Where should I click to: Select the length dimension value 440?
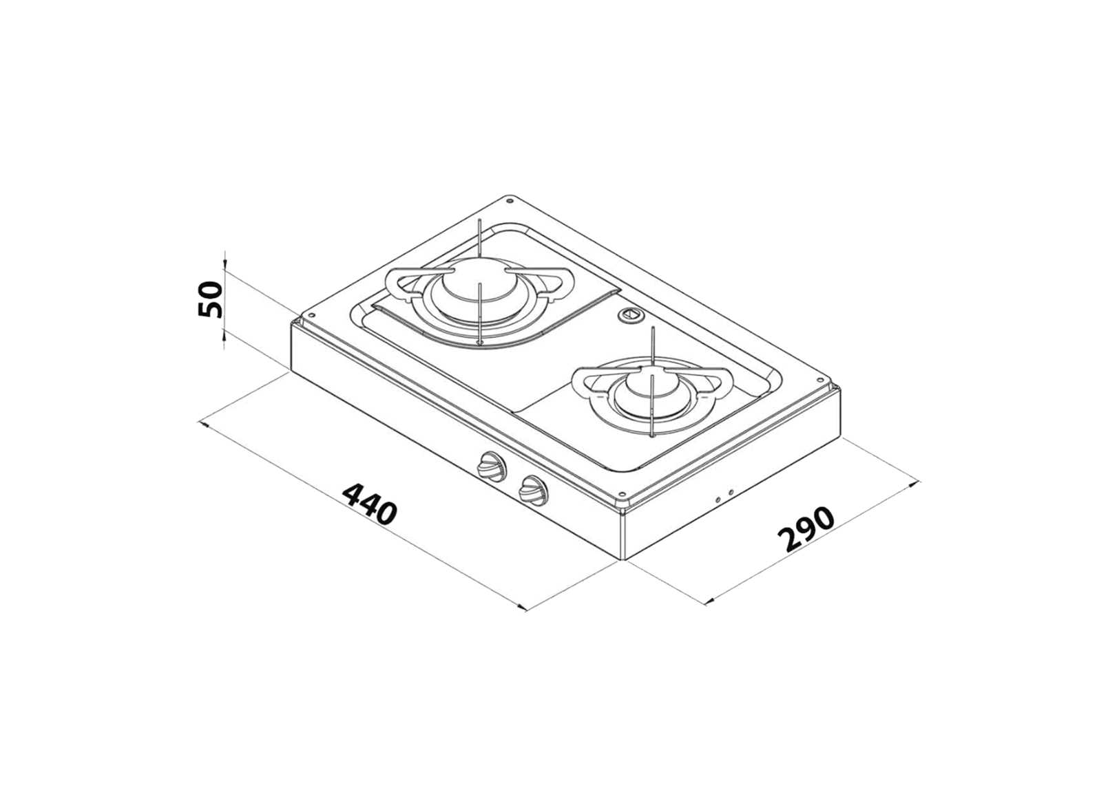(x=370, y=504)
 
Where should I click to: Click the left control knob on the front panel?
(x=490, y=467)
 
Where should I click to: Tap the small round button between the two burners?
(x=630, y=316)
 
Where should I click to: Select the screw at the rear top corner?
(x=509, y=202)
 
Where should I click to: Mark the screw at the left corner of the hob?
(x=311, y=316)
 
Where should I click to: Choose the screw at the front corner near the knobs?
(x=622, y=494)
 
